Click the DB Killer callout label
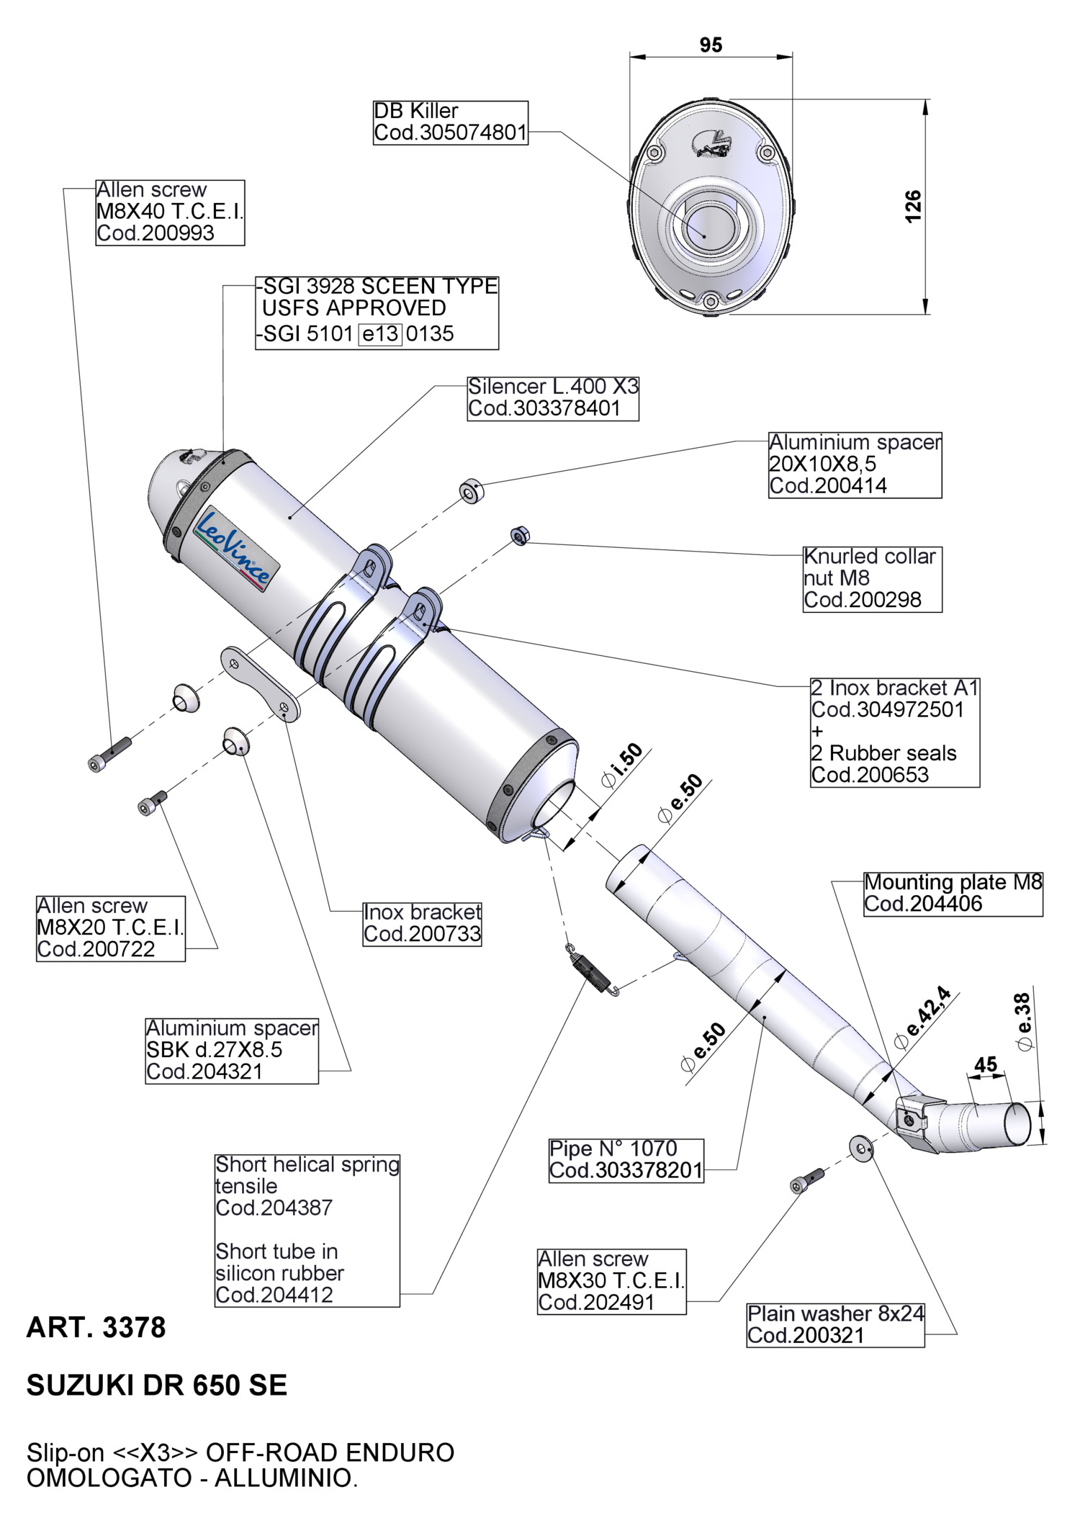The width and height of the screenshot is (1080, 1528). [450, 122]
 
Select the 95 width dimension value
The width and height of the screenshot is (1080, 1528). [711, 45]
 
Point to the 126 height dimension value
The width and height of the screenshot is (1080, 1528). [912, 207]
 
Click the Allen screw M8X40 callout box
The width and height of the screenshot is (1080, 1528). [170, 212]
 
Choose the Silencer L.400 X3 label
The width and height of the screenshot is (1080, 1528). [553, 397]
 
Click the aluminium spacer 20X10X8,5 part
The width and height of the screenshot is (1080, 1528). [472, 492]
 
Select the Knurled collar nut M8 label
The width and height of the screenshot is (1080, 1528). [872, 578]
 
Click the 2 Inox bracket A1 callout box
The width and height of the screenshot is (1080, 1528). [894, 731]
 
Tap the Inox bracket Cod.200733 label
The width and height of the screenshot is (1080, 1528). [422, 923]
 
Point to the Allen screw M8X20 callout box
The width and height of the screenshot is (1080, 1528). [110, 927]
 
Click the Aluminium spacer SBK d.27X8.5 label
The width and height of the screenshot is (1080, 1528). [231, 1050]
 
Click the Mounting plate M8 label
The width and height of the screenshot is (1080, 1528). [953, 893]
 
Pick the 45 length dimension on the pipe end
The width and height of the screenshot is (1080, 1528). [986, 1064]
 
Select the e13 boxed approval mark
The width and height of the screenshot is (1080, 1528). [379, 334]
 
